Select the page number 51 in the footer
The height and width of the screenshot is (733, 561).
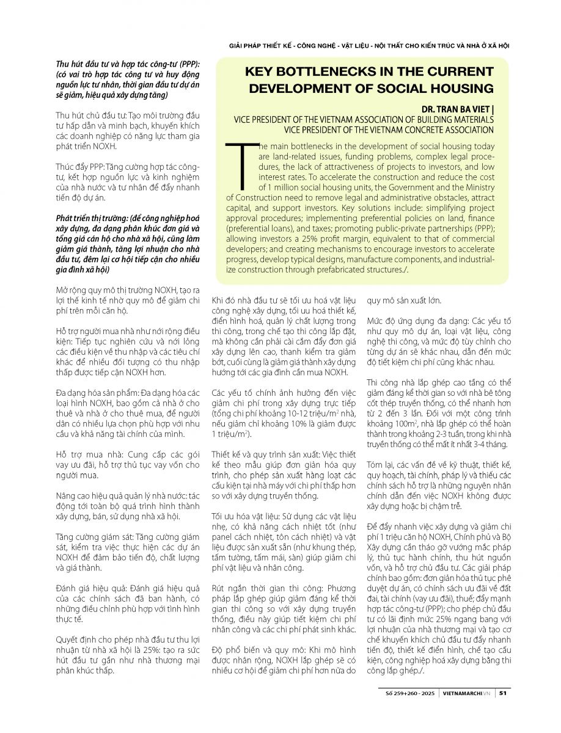tap(502, 693)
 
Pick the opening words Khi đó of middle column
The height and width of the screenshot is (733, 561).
tap(221, 300)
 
